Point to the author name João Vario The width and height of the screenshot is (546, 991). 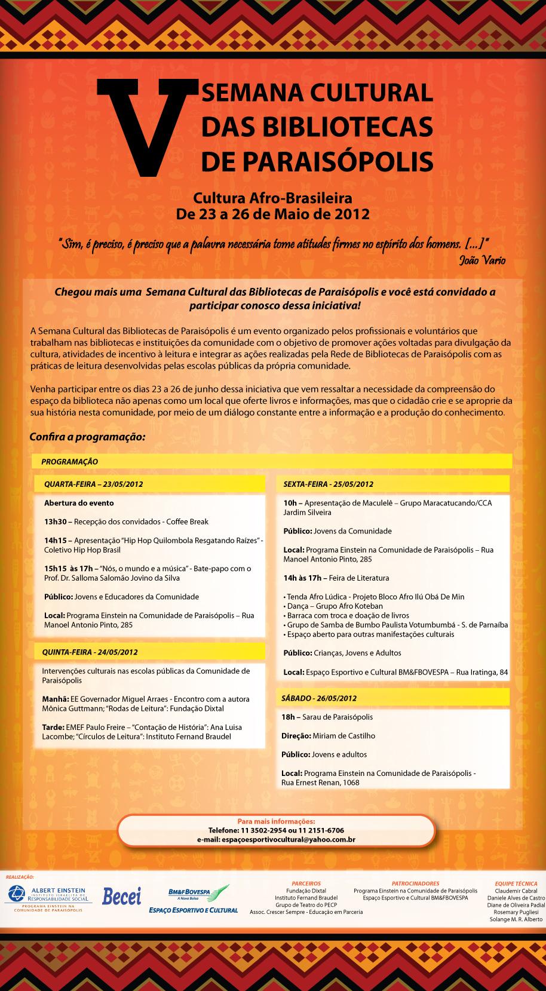483,260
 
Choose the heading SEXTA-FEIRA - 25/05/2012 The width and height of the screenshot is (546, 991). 328,484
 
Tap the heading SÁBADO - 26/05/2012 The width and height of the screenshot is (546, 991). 319,698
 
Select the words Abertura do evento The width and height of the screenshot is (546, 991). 79,503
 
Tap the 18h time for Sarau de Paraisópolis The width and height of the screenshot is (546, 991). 287,717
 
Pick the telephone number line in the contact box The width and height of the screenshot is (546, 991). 276,830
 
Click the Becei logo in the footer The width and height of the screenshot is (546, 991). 122,897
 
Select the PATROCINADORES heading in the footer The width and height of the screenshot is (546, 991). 415,883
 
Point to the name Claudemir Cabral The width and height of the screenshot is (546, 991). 516,890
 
